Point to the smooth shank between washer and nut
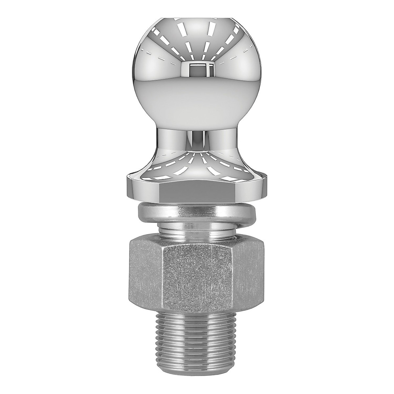click(x=196, y=230)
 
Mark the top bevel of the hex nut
click(x=196, y=242)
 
